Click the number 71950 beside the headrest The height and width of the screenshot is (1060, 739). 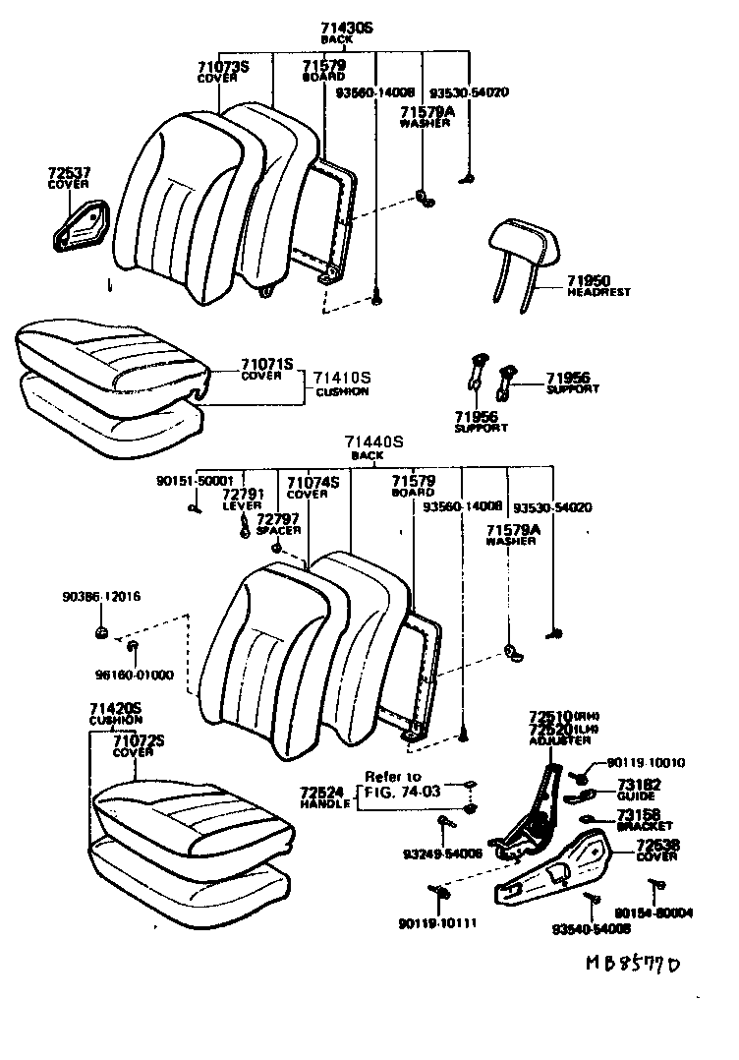[590, 281]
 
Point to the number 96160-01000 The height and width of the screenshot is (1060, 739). [134, 675]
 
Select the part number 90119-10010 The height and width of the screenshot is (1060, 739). [645, 762]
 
